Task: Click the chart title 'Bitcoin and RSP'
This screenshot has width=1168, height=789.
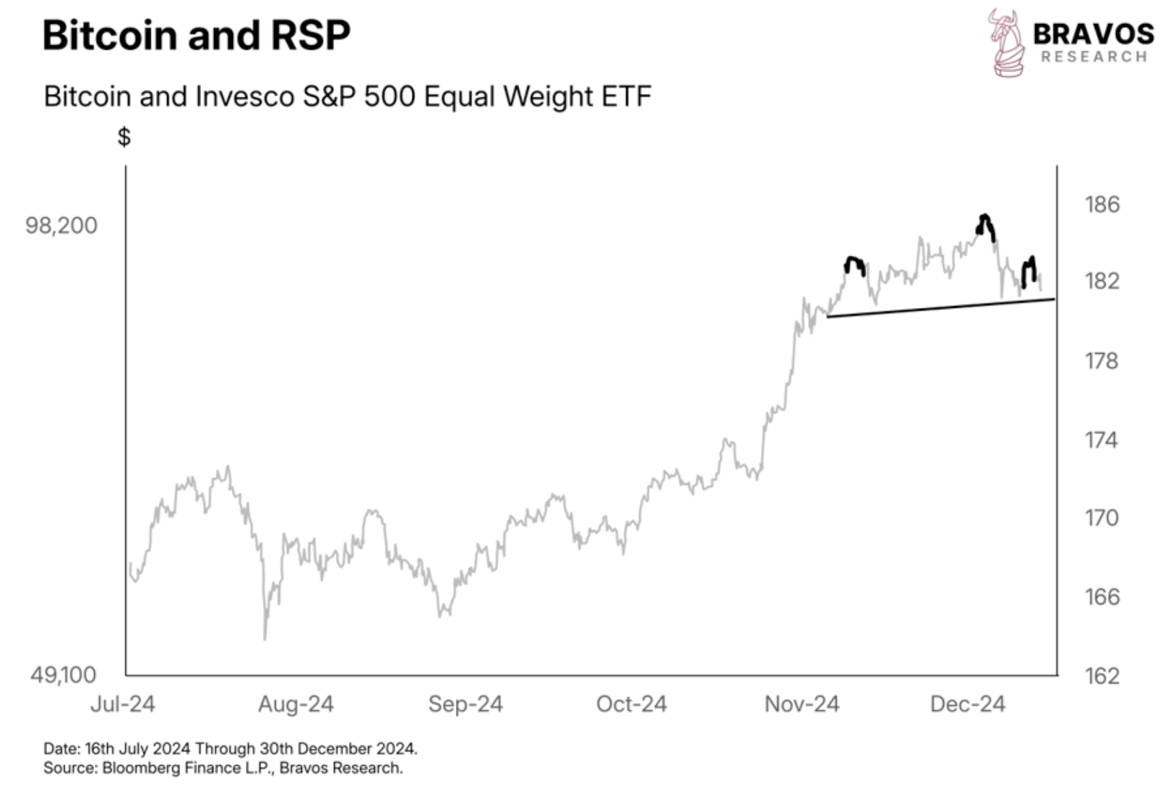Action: coord(196,35)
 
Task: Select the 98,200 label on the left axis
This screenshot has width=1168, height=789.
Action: coord(61,226)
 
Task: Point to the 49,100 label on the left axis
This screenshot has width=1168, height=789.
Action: coord(63,675)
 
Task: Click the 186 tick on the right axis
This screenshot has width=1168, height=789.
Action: coord(1102,204)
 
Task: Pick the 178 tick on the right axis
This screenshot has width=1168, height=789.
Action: coord(1102,360)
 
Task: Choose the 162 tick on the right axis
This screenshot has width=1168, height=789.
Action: coord(1102,675)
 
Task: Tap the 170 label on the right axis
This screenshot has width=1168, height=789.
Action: coord(1102,518)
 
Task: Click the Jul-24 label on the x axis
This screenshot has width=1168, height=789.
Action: coord(123,704)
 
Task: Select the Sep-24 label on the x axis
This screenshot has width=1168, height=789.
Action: coord(465,704)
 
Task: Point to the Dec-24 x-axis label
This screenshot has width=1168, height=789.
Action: coord(968,704)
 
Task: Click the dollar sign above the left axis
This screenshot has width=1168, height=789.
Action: coord(124,137)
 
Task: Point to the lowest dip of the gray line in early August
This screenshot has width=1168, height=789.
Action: coord(264,637)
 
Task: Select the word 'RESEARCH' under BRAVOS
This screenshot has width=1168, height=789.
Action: coord(1094,57)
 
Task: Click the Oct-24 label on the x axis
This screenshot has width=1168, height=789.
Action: coord(631,704)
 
